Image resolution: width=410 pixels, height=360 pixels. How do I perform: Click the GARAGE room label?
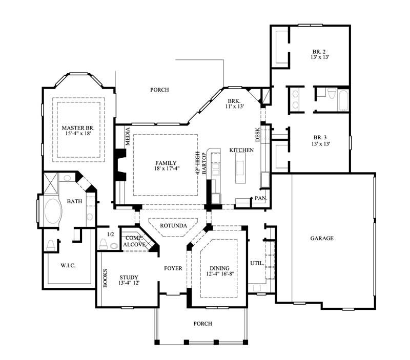click(322, 238)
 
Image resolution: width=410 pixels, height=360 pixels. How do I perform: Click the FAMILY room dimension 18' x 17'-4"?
click(165, 168)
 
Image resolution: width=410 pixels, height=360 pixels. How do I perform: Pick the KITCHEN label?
click(241, 150)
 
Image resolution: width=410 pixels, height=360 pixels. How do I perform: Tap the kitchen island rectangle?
click(240, 168)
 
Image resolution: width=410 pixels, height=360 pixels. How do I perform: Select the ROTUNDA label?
click(172, 225)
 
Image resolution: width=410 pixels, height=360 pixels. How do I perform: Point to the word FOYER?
click(173, 268)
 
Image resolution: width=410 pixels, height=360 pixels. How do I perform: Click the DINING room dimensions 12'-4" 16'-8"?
click(219, 275)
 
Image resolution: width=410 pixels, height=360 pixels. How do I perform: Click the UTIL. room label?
click(257, 263)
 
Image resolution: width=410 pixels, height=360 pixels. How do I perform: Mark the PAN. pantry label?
click(261, 198)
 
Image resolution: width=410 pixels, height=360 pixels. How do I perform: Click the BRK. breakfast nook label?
click(234, 100)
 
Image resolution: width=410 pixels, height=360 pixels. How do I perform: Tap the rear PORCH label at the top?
click(159, 90)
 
